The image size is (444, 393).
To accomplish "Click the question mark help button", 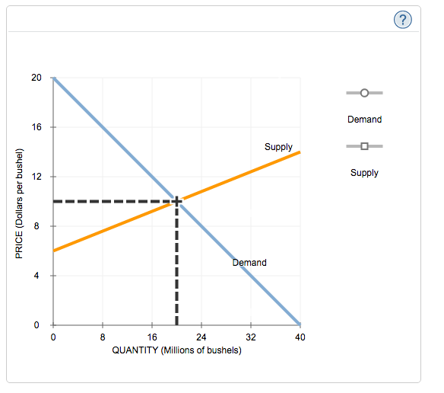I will (x=403, y=21).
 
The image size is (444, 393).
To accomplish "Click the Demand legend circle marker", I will (x=364, y=93).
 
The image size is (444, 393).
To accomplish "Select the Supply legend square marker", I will (x=364, y=146).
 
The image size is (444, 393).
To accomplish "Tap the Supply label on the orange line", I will (x=278, y=146).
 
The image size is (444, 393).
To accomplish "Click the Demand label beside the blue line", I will (x=249, y=263).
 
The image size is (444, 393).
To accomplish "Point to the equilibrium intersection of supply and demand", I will (x=176, y=201).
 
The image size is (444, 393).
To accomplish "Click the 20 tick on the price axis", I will (x=37, y=78).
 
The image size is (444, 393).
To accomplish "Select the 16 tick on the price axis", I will (x=37, y=127).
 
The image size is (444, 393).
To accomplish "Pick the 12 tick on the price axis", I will (x=37, y=177).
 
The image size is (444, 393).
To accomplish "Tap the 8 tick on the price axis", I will (x=39, y=226).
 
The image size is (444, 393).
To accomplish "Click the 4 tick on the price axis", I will (x=39, y=276).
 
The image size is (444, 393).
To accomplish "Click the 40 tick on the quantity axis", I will (x=300, y=336).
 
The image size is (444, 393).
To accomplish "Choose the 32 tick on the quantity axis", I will (x=251, y=336).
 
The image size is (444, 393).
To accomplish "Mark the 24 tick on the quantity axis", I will (x=201, y=336).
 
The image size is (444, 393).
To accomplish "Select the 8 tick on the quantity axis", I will (x=103, y=336).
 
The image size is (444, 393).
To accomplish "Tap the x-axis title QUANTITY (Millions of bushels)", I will (x=176, y=350).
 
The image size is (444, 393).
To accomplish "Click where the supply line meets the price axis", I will (x=53, y=251).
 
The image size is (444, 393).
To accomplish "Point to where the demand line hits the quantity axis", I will (x=300, y=324).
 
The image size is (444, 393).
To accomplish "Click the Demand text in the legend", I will (x=364, y=120).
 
